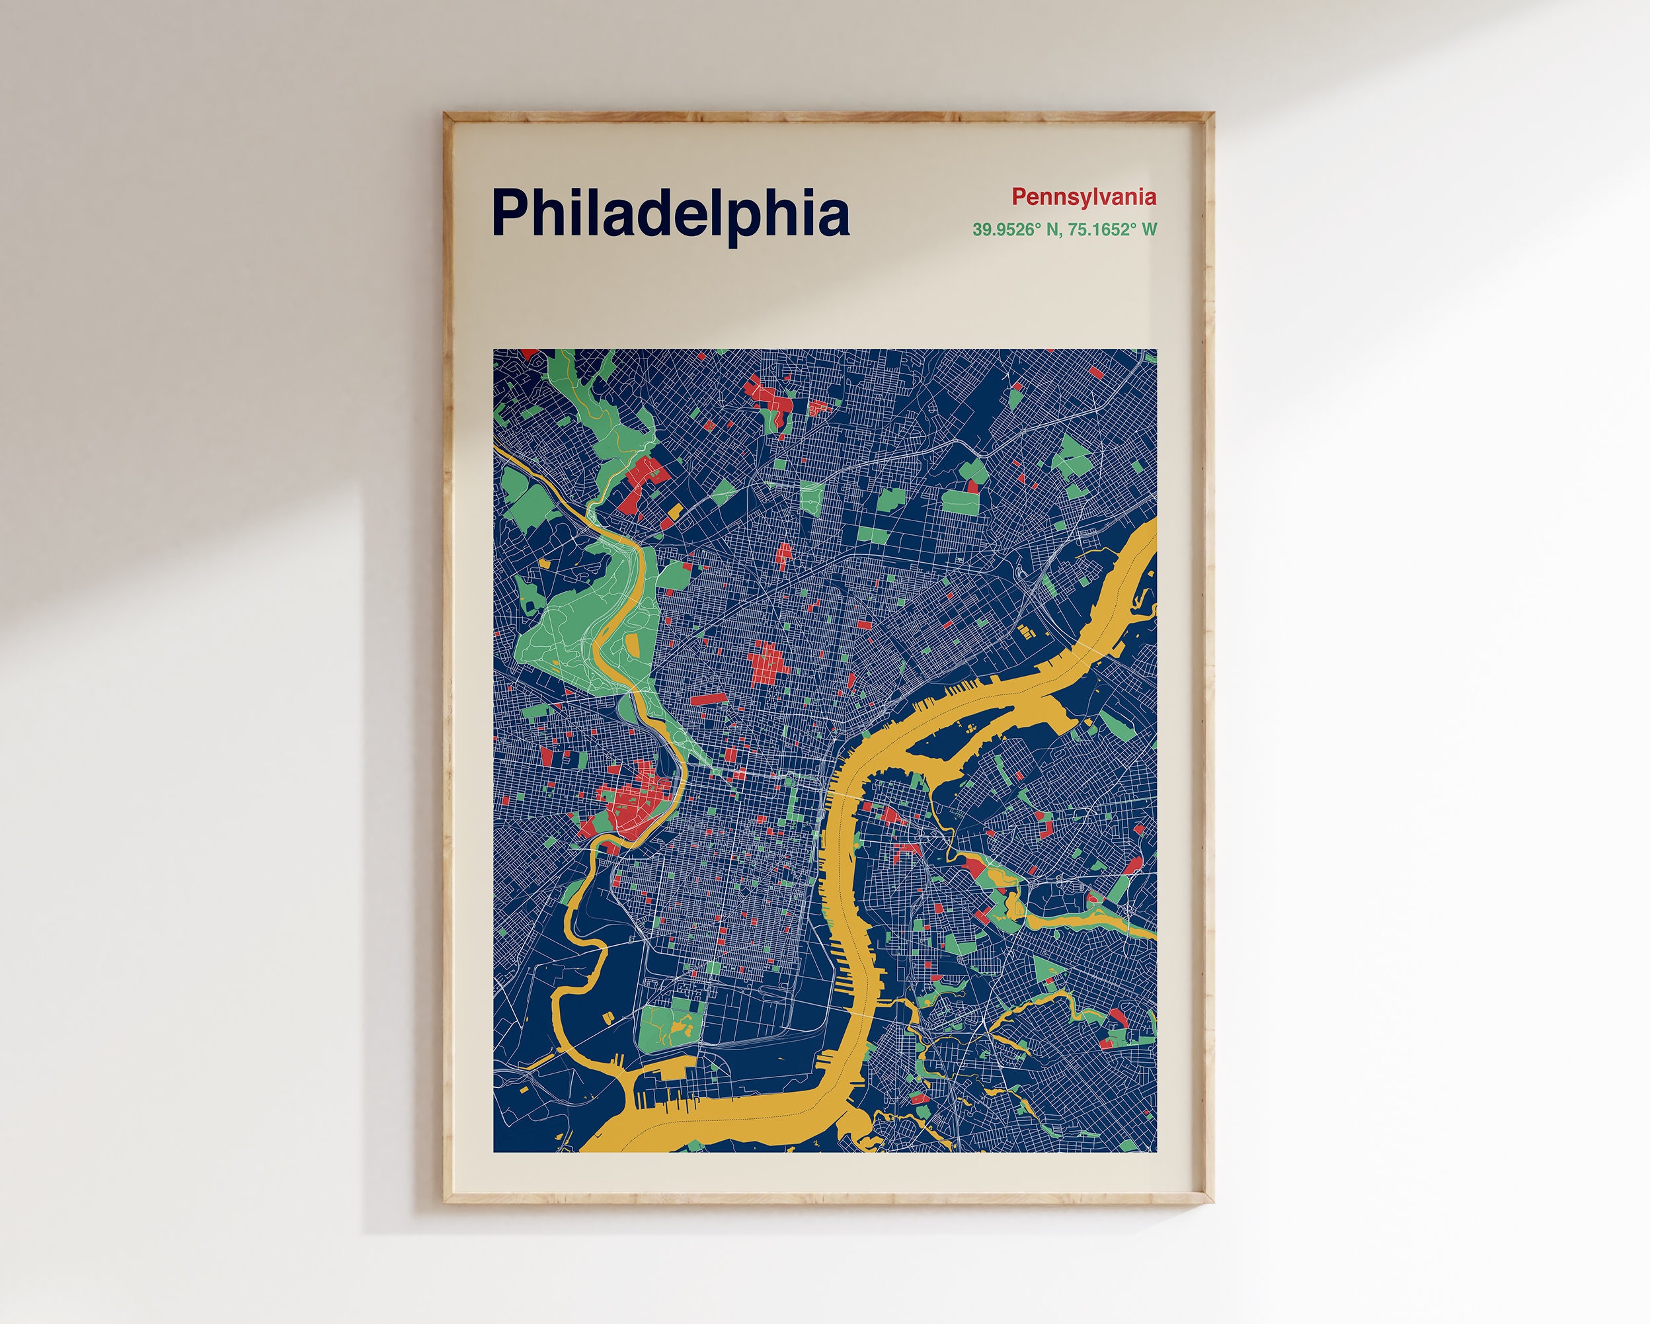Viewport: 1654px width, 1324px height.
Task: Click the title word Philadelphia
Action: tap(670, 214)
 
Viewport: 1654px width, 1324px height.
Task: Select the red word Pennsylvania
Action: tap(1083, 197)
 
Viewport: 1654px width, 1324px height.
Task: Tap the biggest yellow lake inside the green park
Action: tap(678, 1026)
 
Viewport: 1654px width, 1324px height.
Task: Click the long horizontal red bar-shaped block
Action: tap(707, 698)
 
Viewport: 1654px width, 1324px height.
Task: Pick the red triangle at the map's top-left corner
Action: tap(530, 354)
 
